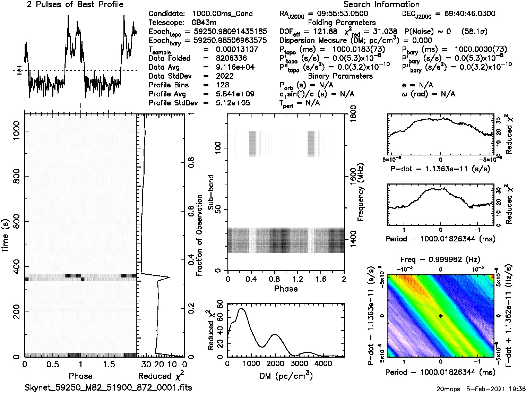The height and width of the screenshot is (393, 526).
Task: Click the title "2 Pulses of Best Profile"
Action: click(75, 5)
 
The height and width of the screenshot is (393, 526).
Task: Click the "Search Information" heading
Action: click(381, 5)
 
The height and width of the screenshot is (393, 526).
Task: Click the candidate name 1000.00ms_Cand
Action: click(222, 14)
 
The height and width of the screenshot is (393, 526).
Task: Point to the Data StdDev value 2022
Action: click(225, 76)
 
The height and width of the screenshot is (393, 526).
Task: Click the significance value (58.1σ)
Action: click(474, 32)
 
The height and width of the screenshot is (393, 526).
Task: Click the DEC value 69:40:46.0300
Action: click(465, 14)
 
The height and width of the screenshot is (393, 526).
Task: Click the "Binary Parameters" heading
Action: click(340, 76)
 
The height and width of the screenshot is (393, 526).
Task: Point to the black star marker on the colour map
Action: click(440, 316)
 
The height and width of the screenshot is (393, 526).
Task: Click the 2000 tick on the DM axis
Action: click(275, 364)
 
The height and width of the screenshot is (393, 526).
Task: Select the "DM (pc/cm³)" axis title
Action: click(286, 376)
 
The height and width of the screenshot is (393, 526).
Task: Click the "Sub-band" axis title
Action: click(211, 192)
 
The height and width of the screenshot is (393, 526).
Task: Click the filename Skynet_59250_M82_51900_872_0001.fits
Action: click(108, 387)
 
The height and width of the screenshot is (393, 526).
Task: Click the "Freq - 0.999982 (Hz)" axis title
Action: click(440, 259)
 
